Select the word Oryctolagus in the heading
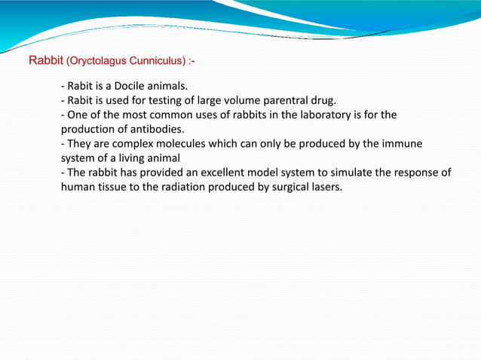97,59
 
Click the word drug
332,100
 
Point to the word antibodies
158,129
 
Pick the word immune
403,143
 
